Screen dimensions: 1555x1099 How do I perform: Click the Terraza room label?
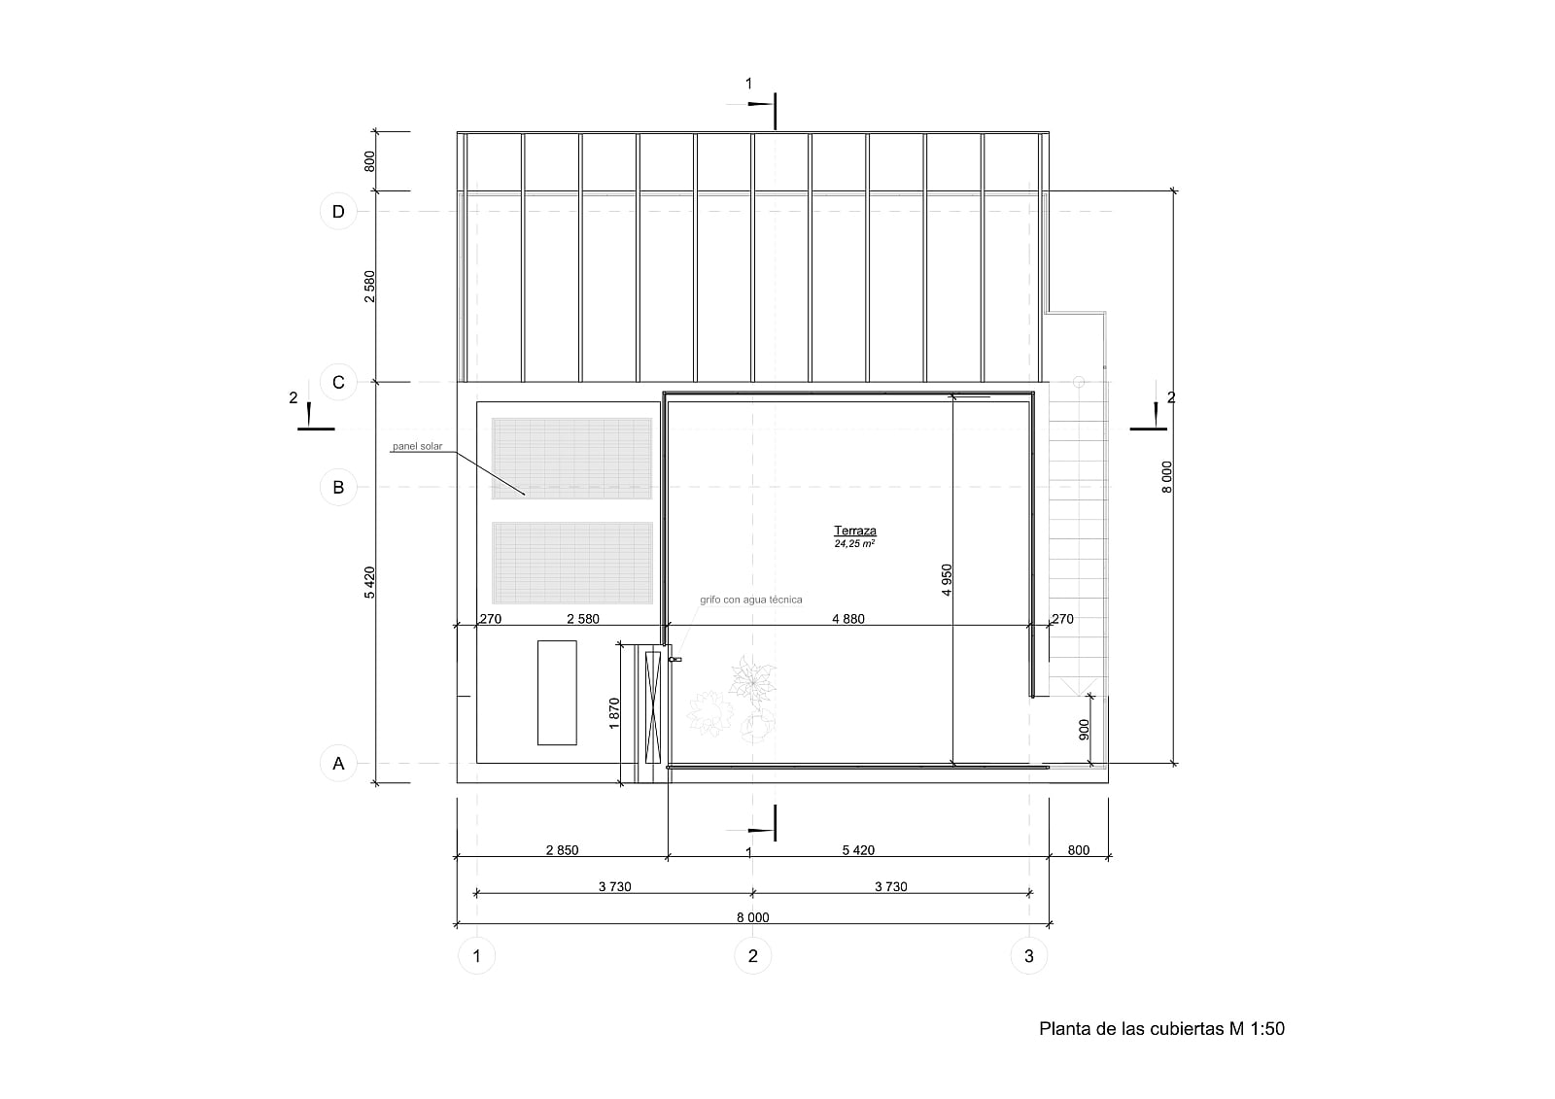tap(854, 532)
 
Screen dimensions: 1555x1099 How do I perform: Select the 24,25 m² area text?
tap(854, 543)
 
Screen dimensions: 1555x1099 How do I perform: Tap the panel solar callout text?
tap(417, 446)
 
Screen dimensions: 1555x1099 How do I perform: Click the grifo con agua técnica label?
tap(750, 600)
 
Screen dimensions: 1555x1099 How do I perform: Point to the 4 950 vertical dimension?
tap(947, 580)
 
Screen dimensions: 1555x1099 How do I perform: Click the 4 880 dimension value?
tap(848, 619)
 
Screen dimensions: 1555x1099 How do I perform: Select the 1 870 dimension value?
tap(613, 713)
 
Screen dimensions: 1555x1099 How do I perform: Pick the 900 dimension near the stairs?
tap(1085, 729)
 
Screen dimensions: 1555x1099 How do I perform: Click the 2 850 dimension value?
tap(563, 850)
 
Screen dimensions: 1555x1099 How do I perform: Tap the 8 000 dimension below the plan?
tap(752, 917)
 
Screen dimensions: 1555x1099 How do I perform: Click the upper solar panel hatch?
tap(572, 459)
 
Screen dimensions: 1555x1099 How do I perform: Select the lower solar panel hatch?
tap(572, 563)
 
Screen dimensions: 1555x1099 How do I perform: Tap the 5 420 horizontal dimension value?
tap(858, 850)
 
